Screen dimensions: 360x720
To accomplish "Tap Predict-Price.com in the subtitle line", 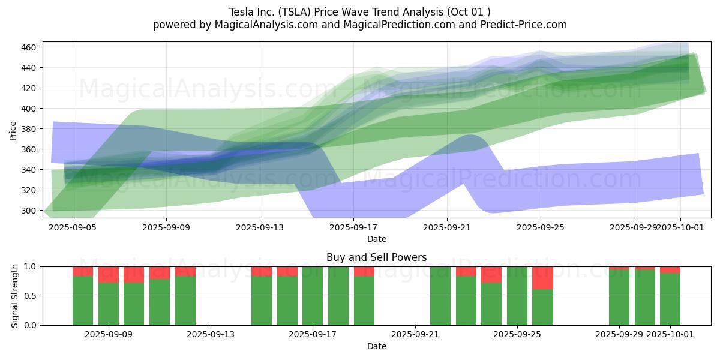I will tap(520, 25).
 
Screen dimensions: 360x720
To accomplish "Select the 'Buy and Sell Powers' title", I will tap(376, 257).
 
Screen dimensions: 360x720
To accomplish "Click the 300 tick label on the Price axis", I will tap(28, 211).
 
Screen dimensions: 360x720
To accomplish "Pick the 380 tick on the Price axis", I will tap(28, 129).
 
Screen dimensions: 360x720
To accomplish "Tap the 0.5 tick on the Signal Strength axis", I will tap(31, 296).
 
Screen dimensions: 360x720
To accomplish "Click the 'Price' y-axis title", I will tap(13, 130).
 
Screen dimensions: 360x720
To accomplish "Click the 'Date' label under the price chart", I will tap(376, 239).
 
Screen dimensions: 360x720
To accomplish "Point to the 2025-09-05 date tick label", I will tap(73, 227).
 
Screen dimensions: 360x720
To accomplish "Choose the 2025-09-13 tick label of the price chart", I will tap(260, 227).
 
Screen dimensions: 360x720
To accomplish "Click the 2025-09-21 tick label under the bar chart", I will tap(415, 334).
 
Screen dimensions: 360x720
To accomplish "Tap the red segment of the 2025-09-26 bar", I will tap(542, 278).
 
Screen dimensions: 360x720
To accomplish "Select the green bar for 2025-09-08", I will tap(83, 301).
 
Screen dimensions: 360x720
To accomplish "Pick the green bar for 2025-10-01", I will tap(670, 299).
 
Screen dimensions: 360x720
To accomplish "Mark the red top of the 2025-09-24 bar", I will tap(491, 274).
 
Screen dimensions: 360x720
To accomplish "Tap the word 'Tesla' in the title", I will tap(241, 12).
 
